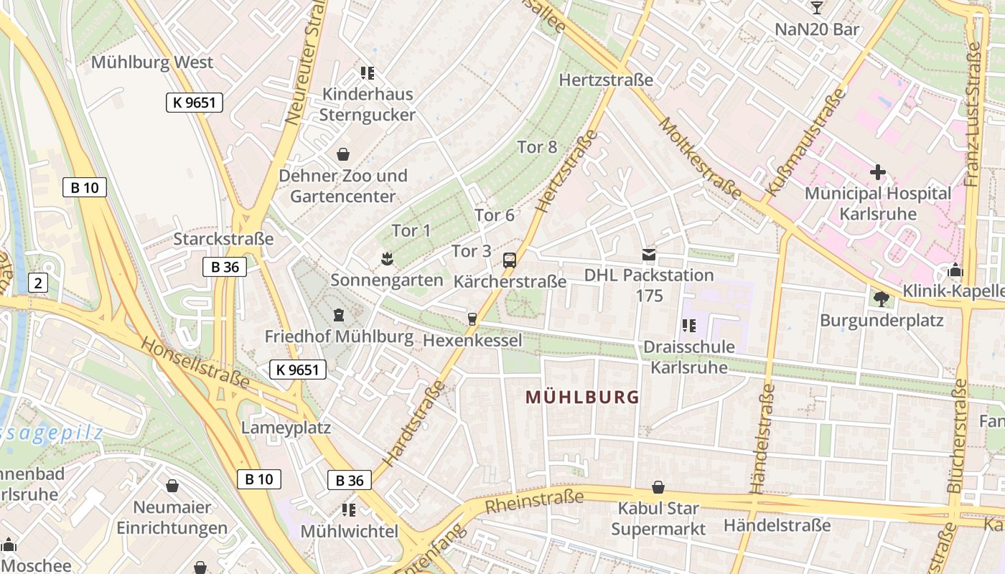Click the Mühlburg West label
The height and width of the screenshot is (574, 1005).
pyautogui.click(x=151, y=62)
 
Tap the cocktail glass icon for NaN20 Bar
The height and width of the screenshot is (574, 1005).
pyautogui.click(x=816, y=8)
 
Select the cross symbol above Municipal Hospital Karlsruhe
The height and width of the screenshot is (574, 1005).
pyautogui.click(x=877, y=172)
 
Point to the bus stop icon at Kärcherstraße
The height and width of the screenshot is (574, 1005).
pyautogui.click(x=510, y=260)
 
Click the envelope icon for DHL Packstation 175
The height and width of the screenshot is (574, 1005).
pyautogui.click(x=649, y=254)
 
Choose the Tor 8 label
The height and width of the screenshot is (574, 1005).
pyautogui.click(x=537, y=147)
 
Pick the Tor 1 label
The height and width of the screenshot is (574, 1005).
pyautogui.click(x=411, y=230)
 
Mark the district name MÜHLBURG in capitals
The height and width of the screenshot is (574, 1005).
pyautogui.click(x=582, y=397)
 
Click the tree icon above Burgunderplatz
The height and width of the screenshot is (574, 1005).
pyautogui.click(x=881, y=298)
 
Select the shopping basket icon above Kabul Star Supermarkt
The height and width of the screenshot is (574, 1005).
pyautogui.click(x=658, y=488)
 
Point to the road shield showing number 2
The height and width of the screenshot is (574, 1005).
pyautogui.click(x=38, y=283)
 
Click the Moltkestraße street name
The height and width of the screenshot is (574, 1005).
pyautogui.click(x=699, y=157)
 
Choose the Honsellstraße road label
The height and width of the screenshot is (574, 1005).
pyautogui.click(x=194, y=363)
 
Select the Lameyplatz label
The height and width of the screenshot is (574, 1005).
pyautogui.click(x=286, y=428)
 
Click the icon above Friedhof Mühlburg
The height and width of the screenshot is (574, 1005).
pyautogui.click(x=338, y=315)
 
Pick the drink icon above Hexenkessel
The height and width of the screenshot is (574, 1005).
pyautogui.click(x=472, y=319)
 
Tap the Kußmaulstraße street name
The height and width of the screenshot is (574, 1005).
pyautogui.click(x=805, y=143)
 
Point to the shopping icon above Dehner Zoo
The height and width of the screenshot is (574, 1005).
pyautogui.click(x=343, y=154)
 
